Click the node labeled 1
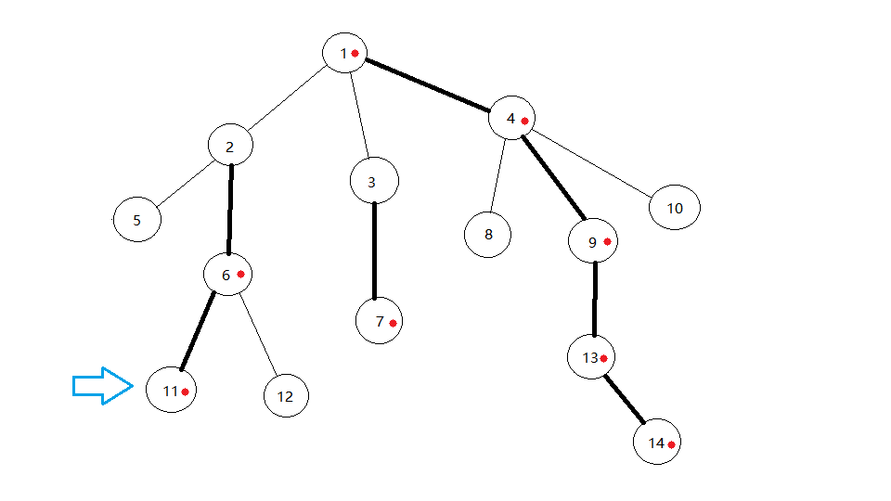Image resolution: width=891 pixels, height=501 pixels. (x=345, y=53)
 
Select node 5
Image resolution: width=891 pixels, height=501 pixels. (x=137, y=220)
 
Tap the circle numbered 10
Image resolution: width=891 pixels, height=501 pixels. (x=674, y=208)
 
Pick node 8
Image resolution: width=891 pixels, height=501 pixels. (x=488, y=234)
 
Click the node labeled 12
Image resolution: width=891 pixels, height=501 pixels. (x=285, y=395)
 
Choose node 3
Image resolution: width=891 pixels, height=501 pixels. (x=374, y=181)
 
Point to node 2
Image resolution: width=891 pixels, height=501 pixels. (x=230, y=146)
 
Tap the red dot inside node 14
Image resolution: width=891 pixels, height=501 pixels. (x=671, y=445)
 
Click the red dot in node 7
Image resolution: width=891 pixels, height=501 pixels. (x=394, y=323)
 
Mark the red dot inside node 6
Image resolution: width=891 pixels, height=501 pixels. (x=240, y=274)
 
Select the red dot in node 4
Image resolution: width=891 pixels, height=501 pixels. (x=524, y=121)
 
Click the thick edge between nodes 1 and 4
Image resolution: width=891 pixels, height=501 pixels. (x=428, y=86)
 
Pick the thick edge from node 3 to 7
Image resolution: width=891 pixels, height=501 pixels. (x=374, y=250)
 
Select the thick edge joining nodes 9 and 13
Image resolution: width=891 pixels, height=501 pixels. (x=595, y=299)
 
